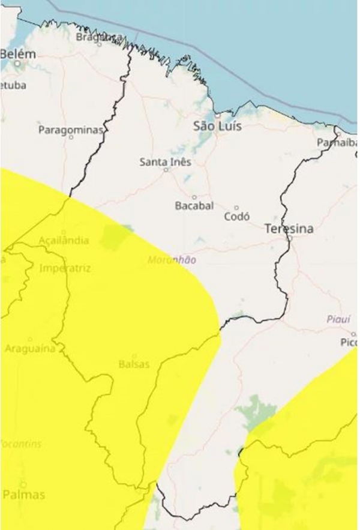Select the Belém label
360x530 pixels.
point(18,54)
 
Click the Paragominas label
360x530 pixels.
point(71,129)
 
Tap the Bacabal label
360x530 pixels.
point(194,206)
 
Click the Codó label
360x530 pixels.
point(236,217)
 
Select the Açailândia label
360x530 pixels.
point(64,240)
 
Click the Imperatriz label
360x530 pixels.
point(65,268)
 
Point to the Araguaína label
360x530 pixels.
point(30,348)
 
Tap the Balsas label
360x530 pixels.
point(134,364)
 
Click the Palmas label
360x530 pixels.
point(24,495)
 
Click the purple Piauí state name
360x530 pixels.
point(338,319)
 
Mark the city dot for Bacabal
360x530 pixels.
point(194,197)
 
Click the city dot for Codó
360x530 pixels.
point(236,208)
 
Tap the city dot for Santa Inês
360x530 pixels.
point(166,170)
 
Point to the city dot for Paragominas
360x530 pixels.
point(71,137)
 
